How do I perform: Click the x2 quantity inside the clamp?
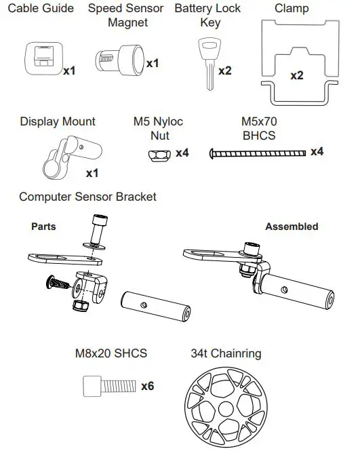pos(297,76)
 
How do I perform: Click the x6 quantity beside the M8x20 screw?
pos(147,386)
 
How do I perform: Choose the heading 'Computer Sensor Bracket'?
pos(87,197)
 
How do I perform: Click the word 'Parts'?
pos(43,227)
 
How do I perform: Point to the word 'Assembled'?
pos(292,227)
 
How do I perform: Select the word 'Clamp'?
pos(292,9)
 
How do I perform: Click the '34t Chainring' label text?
pos(226,353)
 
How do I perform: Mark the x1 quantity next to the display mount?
pos(92,174)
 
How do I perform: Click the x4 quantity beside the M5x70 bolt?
pos(317,151)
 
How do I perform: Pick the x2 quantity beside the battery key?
pos(225,71)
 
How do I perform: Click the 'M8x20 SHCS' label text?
pos(111,353)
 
